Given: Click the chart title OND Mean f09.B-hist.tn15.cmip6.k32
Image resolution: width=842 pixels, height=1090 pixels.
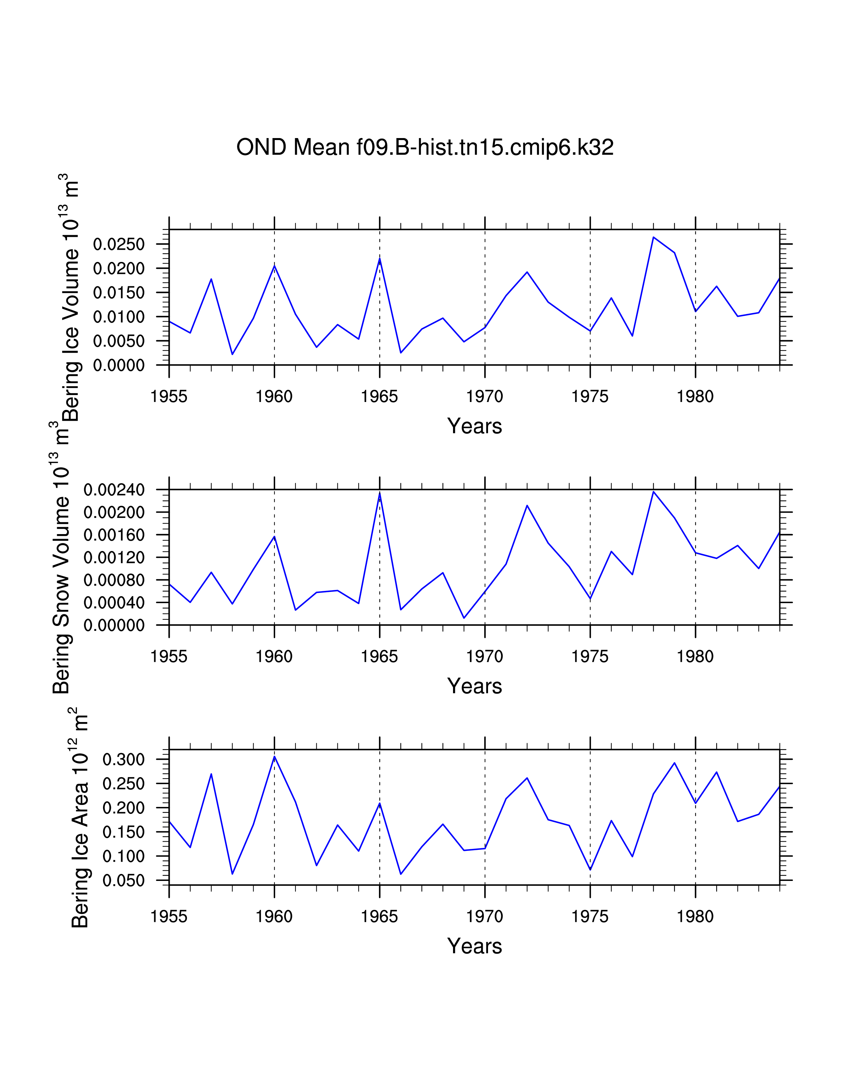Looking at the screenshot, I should (x=425, y=148).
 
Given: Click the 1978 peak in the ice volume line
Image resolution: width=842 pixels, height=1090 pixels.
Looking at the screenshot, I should (x=653, y=237).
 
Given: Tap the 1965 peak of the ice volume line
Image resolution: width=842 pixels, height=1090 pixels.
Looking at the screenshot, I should (x=380, y=259).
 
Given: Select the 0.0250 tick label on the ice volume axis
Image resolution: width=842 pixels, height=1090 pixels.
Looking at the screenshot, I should (x=119, y=244).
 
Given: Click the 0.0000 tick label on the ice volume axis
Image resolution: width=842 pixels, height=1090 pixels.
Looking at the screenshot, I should (x=119, y=365).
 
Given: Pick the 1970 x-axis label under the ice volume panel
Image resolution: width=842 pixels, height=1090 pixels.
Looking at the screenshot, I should (x=484, y=397).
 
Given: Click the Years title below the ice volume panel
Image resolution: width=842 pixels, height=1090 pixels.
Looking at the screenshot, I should (x=474, y=426).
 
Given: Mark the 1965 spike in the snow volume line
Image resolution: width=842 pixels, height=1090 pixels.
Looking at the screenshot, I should (x=380, y=493).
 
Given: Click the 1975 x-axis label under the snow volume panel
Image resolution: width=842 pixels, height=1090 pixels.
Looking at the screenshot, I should (x=590, y=657).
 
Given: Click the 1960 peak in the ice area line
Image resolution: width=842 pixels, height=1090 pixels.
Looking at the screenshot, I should (x=274, y=757).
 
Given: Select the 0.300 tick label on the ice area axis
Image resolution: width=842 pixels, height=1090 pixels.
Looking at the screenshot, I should (x=123, y=760).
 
